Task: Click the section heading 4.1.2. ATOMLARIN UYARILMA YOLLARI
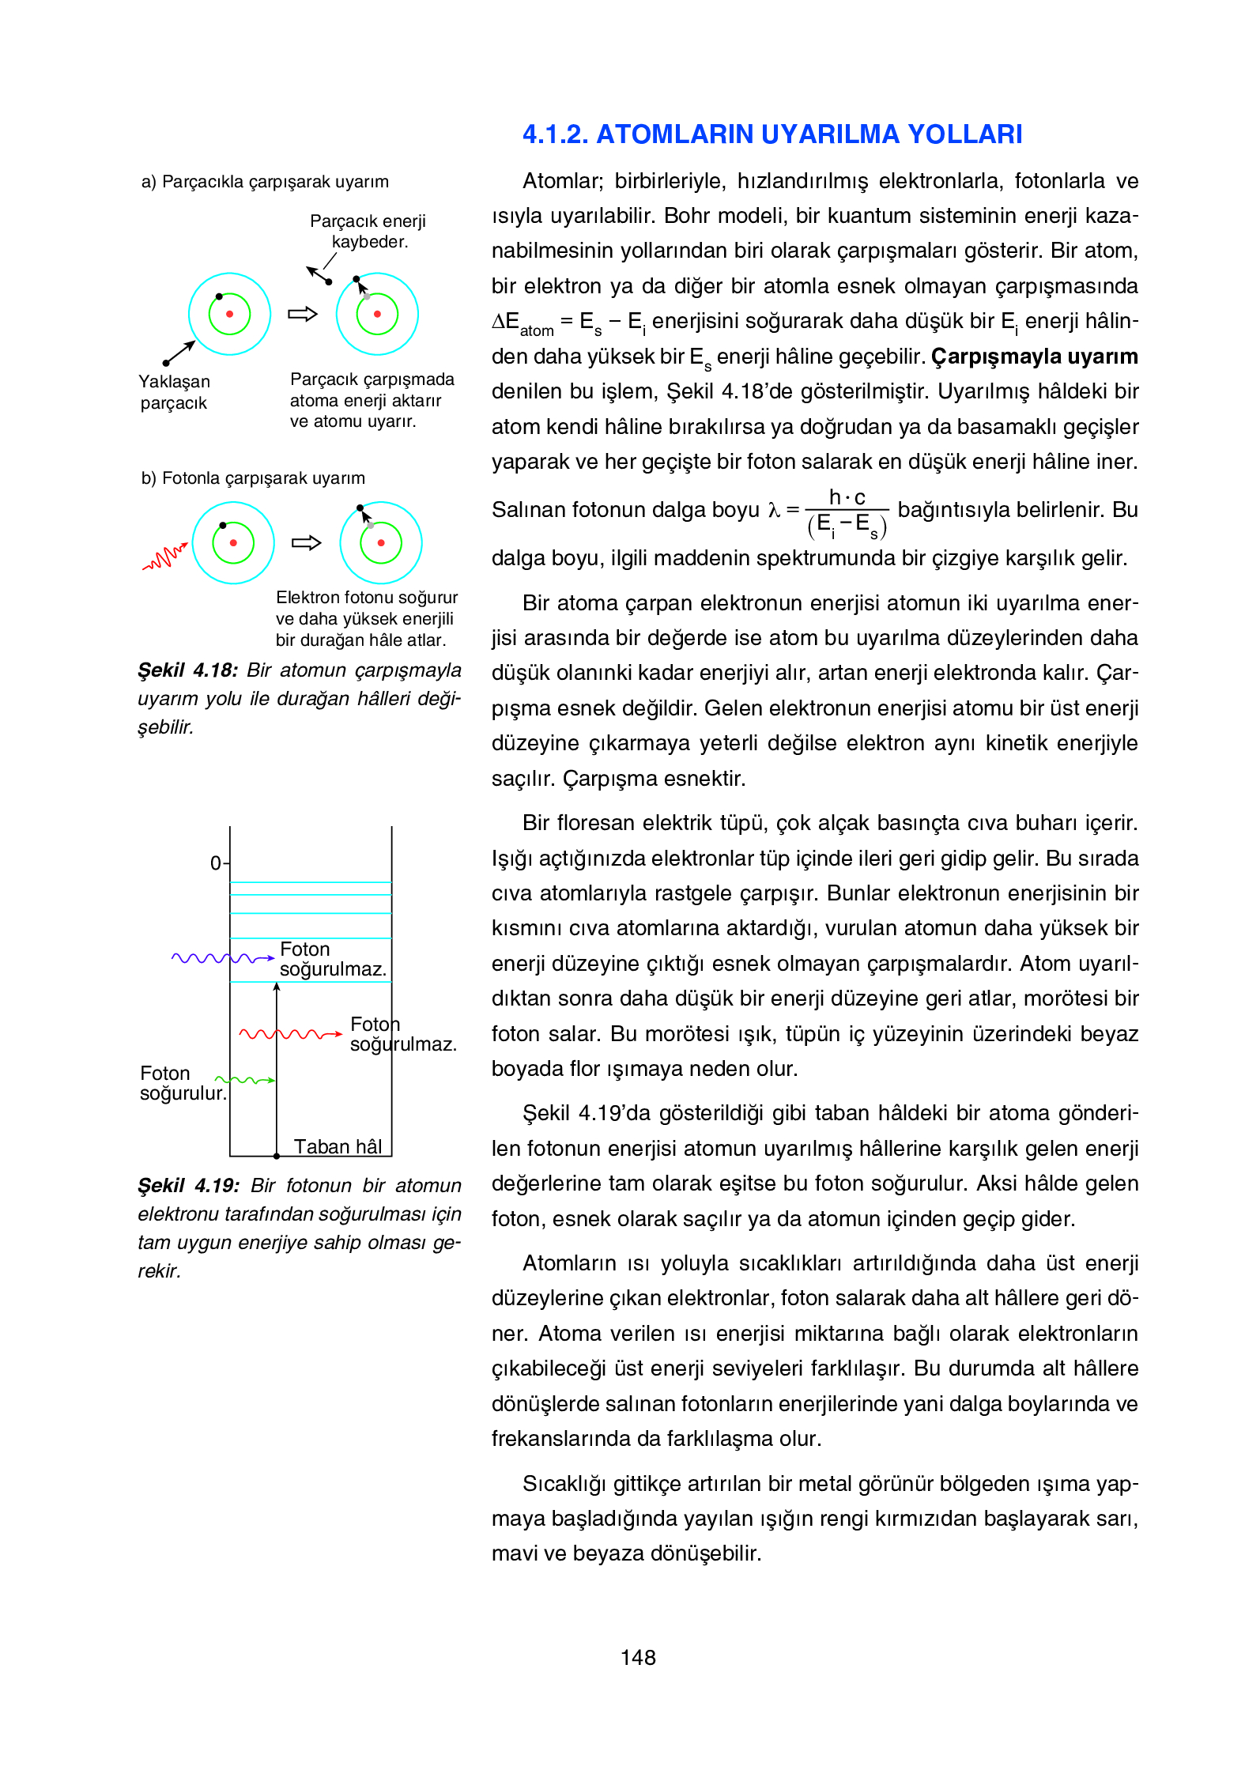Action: (x=772, y=134)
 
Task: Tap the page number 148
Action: (x=637, y=1657)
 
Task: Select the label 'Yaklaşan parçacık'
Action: (x=174, y=392)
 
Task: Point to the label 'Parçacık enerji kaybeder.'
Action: (x=368, y=231)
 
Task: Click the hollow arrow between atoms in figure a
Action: (x=302, y=314)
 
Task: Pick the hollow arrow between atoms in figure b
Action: (x=306, y=542)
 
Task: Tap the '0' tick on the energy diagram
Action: (x=216, y=863)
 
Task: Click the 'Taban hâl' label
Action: (x=338, y=1146)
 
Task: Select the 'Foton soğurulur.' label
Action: (x=182, y=1083)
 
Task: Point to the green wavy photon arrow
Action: (x=245, y=1080)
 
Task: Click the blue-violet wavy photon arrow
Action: (x=222, y=958)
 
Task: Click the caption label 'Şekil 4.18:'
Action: (x=187, y=670)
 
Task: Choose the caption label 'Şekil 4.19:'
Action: (x=188, y=1186)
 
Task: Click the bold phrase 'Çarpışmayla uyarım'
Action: (x=1034, y=357)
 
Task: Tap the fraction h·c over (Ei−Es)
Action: (x=847, y=512)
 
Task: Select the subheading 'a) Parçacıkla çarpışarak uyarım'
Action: (x=265, y=182)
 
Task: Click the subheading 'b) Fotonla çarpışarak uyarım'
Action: (x=253, y=478)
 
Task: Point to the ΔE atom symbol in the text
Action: (x=522, y=323)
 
